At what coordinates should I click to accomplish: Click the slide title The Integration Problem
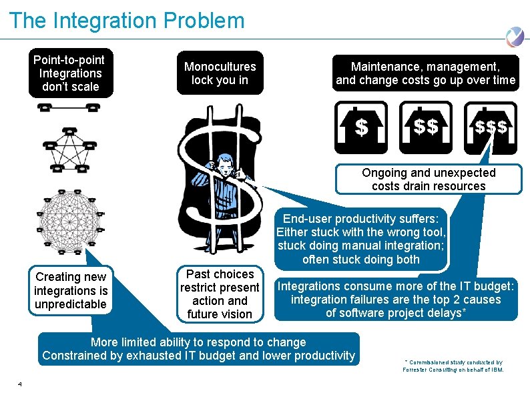click(x=127, y=21)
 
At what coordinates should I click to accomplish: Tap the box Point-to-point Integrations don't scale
click(x=70, y=73)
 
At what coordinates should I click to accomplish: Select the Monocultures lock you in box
click(x=220, y=73)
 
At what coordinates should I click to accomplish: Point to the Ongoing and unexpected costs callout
click(x=429, y=179)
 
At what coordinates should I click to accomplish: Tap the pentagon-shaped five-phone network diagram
click(x=67, y=148)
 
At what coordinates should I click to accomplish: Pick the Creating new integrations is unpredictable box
click(x=71, y=290)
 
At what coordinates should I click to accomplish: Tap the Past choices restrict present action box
click(x=220, y=294)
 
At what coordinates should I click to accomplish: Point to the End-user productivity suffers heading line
click(x=361, y=219)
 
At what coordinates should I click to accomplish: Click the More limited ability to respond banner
click(x=198, y=349)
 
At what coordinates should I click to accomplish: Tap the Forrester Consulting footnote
click(x=453, y=366)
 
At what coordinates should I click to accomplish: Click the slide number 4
click(x=21, y=384)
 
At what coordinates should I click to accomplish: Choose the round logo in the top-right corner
click(x=514, y=37)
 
